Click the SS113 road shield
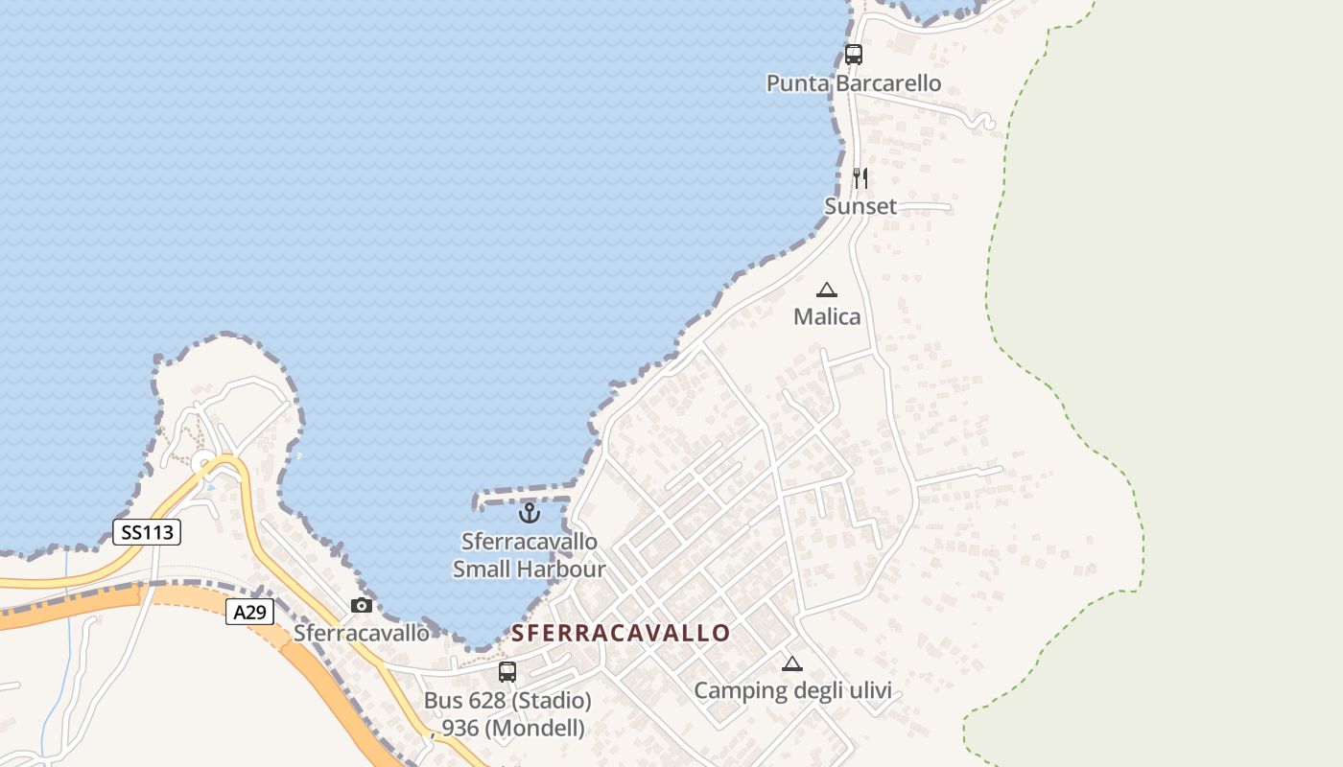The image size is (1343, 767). [x=147, y=532]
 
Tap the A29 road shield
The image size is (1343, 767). [x=250, y=611]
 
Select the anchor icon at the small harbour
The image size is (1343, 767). [x=529, y=513]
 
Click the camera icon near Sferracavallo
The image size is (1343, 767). [x=362, y=605]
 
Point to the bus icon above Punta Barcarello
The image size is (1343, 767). [x=853, y=55]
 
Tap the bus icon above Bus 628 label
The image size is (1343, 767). [x=507, y=672]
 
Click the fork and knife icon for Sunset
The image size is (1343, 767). [x=860, y=178]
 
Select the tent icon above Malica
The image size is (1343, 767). [x=826, y=290]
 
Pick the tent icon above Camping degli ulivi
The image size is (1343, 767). [x=791, y=663]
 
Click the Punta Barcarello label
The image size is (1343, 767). [x=853, y=83]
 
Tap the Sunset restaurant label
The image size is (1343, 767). [x=860, y=206]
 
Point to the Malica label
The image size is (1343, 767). [x=827, y=316]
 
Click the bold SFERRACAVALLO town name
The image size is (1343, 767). [x=621, y=633]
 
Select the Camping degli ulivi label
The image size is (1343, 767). [x=792, y=690]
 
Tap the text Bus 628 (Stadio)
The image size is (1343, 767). [x=507, y=701]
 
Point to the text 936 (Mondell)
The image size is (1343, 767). [x=513, y=729]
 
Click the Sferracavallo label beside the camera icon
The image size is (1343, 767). [x=362, y=633]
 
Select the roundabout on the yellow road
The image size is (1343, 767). [x=204, y=465]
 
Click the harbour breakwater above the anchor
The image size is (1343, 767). [x=523, y=497]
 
